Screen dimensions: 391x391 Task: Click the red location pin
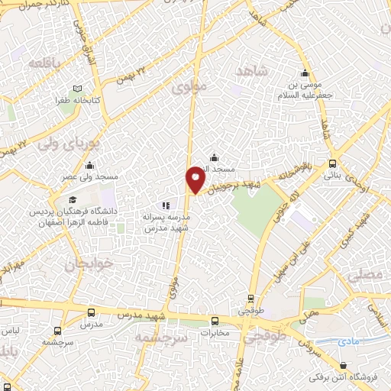point(195,179)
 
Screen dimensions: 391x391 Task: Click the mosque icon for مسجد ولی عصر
point(90,165)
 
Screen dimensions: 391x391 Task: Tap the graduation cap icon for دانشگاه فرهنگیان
point(18,199)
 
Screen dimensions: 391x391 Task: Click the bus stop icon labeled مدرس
point(92,313)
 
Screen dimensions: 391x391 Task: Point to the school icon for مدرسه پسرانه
point(166,205)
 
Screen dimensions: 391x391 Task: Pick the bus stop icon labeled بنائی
point(332,163)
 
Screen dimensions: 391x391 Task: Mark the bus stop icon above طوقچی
point(251,299)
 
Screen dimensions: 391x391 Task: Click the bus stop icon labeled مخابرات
point(215,321)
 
